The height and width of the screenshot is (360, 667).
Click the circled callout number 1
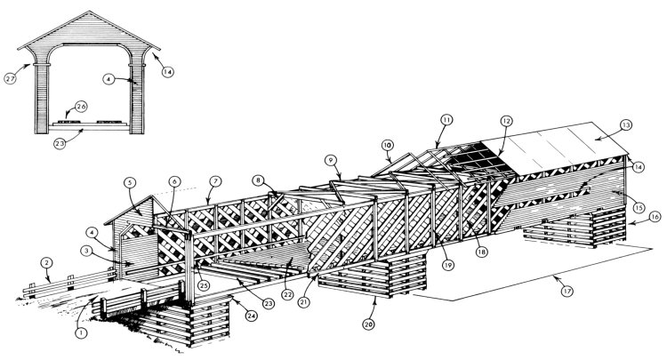coord(81,333)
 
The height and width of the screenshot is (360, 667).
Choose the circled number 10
coord(387,144)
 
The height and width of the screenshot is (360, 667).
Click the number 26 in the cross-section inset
coord(81,106)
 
